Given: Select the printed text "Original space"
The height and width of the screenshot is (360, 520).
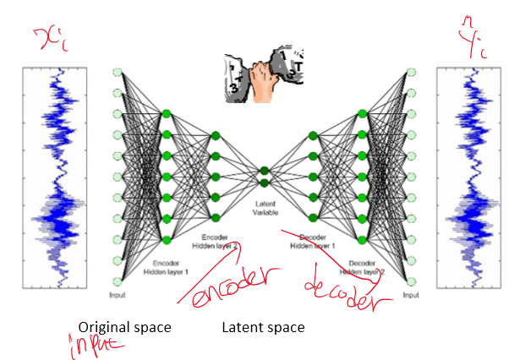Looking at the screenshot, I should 124,327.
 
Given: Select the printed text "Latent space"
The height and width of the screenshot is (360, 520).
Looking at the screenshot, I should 263,327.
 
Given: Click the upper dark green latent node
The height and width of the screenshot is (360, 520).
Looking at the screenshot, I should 265,171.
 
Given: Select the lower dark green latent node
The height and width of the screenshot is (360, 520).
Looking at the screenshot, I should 265,182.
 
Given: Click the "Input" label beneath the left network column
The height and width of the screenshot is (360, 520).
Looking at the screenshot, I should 118,296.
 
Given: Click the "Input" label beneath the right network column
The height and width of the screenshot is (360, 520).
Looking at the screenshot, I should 411,296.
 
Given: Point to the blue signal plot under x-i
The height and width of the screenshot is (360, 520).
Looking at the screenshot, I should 64,178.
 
